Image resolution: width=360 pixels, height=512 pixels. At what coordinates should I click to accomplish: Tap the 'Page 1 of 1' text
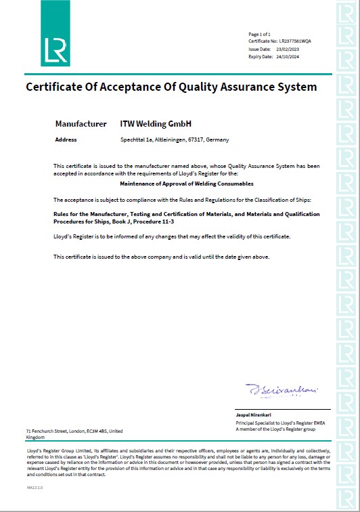(x=259, y=34)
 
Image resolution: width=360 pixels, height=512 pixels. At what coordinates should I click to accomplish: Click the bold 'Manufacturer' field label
(x=81, y=124)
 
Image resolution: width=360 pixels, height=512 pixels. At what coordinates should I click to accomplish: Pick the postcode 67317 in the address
(x=199, y=140)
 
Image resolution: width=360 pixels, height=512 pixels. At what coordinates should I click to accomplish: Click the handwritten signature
(x=273, y=389)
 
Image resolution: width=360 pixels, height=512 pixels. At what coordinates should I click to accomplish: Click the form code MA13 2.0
(x=35, y=487)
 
